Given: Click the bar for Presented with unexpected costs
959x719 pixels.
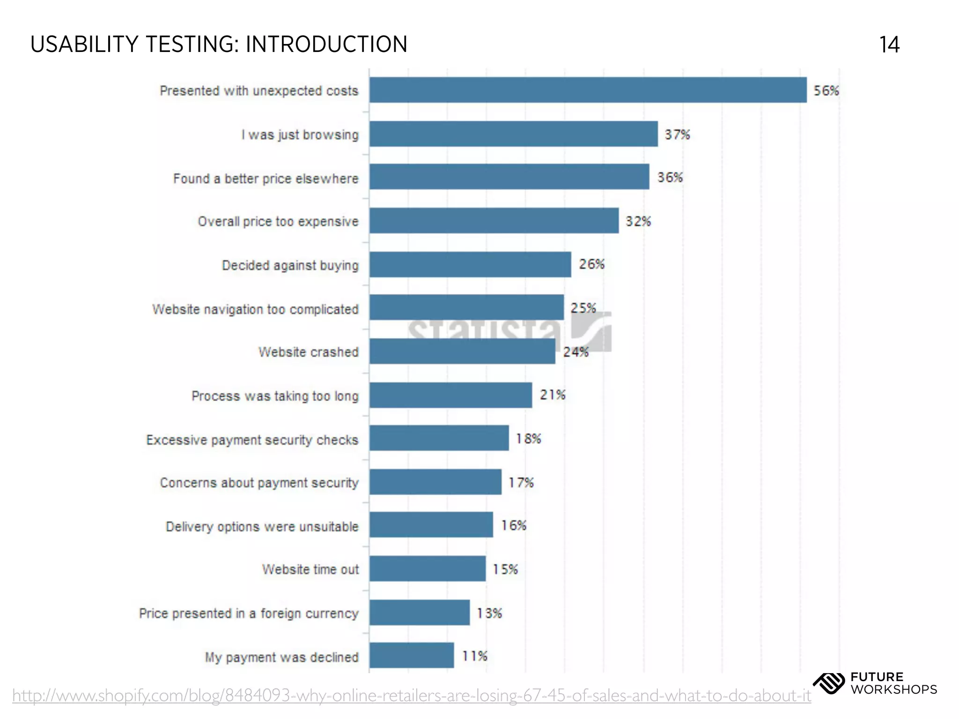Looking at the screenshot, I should (x=588, y=90).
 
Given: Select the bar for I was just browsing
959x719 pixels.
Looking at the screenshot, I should (x=513, y=134).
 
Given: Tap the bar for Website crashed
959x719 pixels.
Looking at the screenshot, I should (x=462, y=351).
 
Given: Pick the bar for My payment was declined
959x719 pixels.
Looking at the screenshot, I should (x=411, y=655).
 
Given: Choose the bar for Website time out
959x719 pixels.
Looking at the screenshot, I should (x=427, y=569).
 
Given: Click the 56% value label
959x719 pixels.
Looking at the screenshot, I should (x=826, y=90).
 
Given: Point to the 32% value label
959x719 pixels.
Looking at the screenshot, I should (x=638, y=221).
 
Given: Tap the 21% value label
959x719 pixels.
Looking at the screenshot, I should (x=553, y=395).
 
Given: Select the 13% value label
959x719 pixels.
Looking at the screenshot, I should (x=489, y=613).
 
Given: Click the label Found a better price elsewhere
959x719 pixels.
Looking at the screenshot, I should (x=266, y=178).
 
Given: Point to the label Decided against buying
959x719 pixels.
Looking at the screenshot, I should (x=290, y=265).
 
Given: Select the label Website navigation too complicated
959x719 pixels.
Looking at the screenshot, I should (x=255, y=309).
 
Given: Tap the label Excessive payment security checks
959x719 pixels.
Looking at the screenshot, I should (x=252, y=440).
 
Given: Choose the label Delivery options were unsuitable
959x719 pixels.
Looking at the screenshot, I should (x=262, y=526).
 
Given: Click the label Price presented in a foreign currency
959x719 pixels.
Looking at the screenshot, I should (x=249, y=613).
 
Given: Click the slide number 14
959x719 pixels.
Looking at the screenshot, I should (x=889, y=45).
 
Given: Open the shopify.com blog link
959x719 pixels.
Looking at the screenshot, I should (x=411, y=696).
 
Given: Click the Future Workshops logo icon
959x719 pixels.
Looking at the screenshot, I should (x=828, y=683).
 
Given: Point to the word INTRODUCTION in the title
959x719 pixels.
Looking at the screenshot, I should (x=326, y=44).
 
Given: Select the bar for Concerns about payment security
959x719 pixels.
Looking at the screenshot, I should (x=435, y=482).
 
